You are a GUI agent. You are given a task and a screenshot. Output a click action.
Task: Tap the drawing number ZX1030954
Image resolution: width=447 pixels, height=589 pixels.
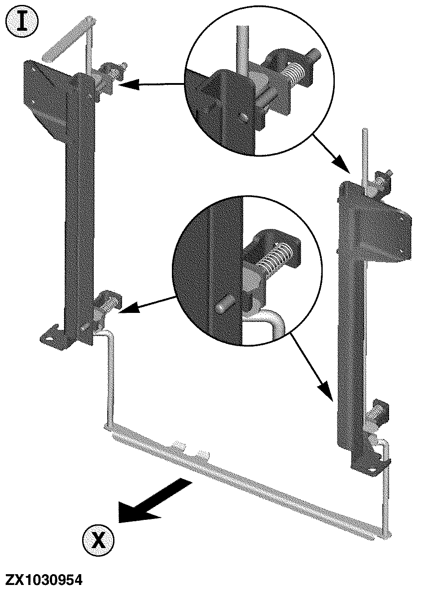click(44, 577)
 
